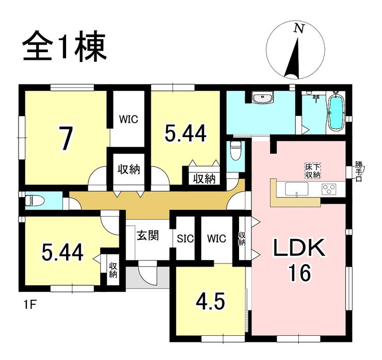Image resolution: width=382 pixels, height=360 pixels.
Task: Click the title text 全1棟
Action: (65, 47)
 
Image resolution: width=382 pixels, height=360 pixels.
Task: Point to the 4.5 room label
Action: (211, 301)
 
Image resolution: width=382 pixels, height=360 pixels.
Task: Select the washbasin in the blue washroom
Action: (263, 97)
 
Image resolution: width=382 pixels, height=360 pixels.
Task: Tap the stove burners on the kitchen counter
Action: (329, 190)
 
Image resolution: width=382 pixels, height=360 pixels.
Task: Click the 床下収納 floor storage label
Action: (312, 171)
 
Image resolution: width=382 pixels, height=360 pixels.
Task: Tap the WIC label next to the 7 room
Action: (129, 119)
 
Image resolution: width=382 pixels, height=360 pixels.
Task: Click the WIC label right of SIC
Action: (217, 239)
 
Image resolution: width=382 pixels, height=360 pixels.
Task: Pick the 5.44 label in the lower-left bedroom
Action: (62, 252)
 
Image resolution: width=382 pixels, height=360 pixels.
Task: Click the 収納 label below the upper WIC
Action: (128, 170)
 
